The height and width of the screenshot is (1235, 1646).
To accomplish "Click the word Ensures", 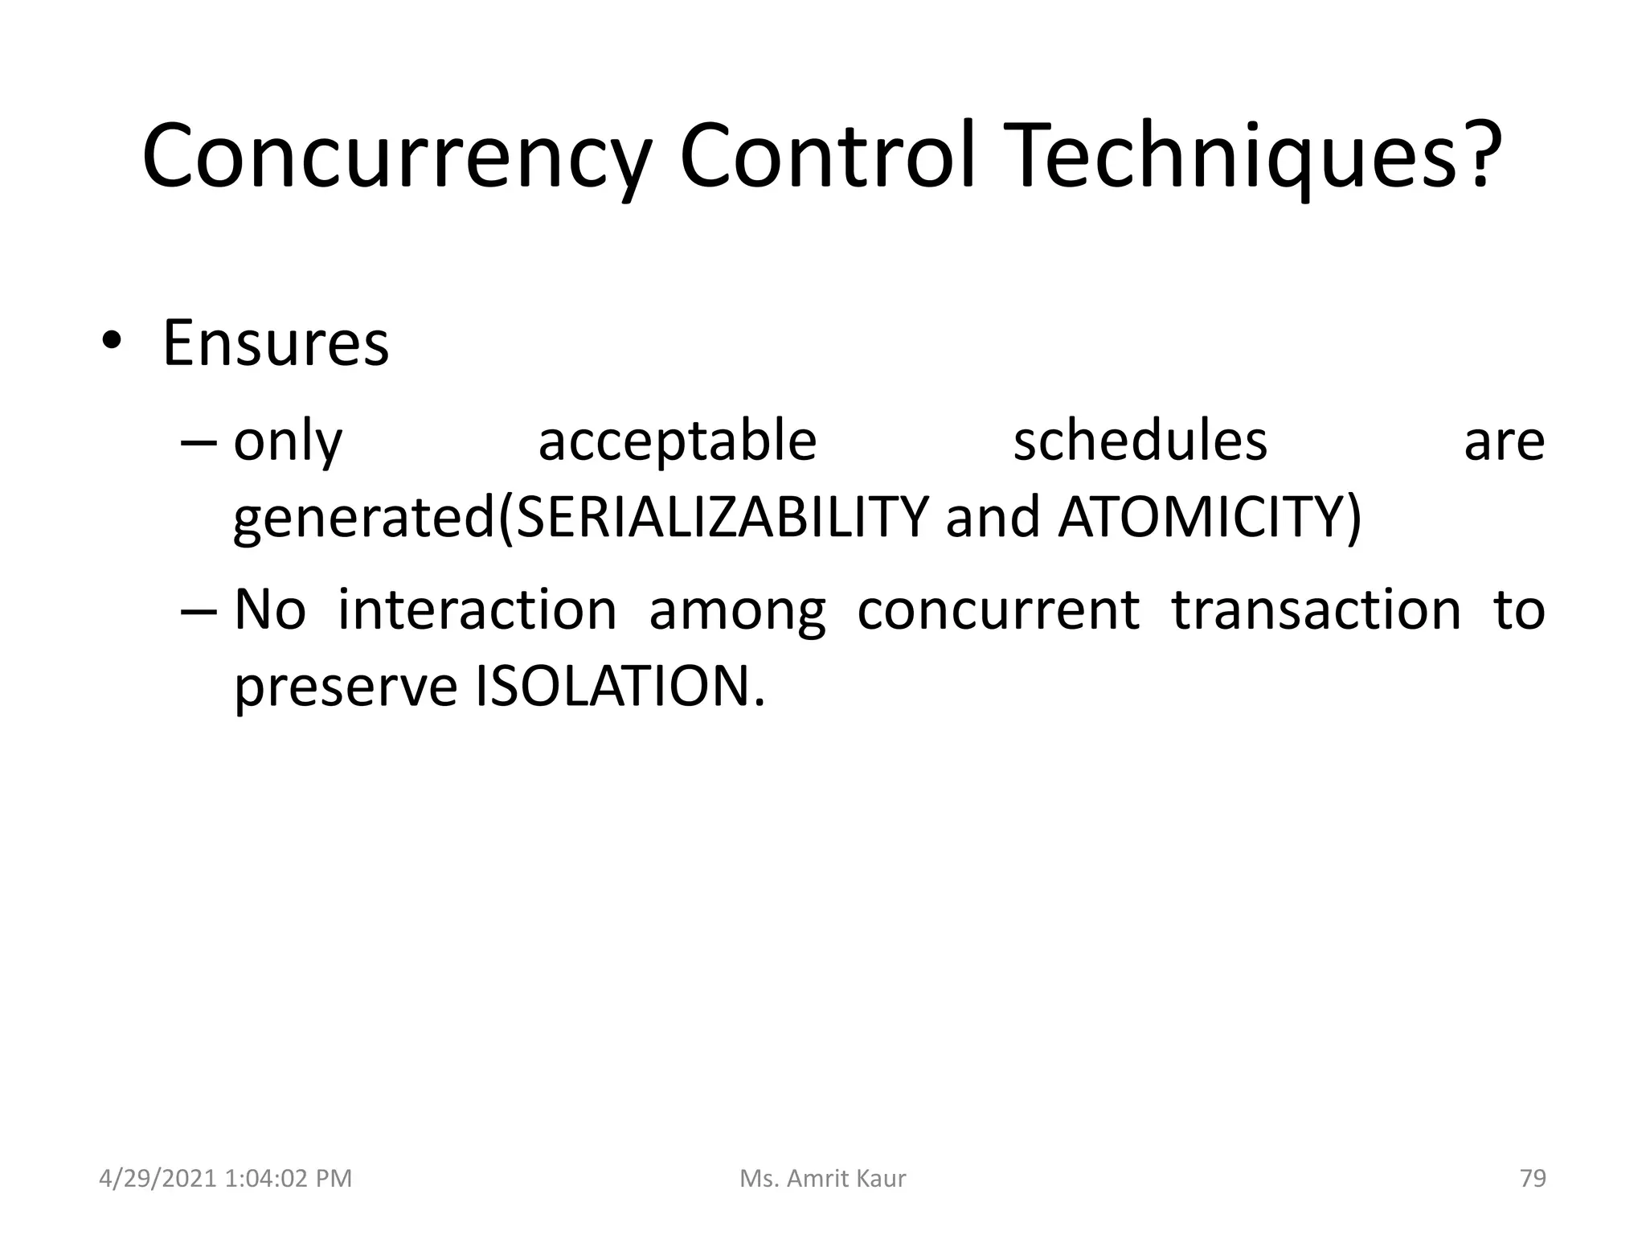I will click(x=276, y=343).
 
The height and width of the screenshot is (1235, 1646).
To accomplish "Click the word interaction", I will click(x=477, y=609).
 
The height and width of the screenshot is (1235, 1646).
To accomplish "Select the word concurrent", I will click(x=997, y=609).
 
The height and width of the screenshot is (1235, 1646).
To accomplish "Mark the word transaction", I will click(x=1316, y=609).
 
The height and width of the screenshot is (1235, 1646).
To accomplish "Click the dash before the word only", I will click(x=199, y=442).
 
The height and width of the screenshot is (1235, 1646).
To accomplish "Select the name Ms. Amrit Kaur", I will click(x=822, y=1178).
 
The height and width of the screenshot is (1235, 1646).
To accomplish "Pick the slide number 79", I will click(x=1533, y=1178).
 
